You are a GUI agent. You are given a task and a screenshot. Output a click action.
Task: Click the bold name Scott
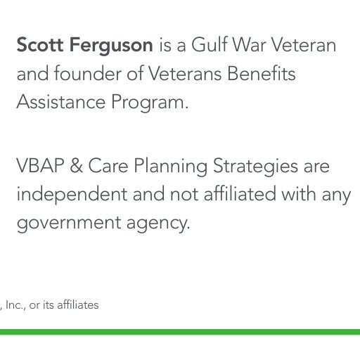[40, 44]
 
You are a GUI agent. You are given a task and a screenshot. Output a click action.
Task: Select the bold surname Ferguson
[111, 46]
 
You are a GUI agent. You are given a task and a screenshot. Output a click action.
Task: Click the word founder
[88, 73]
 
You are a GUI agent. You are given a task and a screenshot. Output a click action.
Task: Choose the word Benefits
[262, 73]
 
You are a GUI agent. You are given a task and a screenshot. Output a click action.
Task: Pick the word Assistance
[61, 102]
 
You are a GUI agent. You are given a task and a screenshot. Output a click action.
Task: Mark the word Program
[150, 103]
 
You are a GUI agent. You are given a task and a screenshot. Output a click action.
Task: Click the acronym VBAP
[40, 165]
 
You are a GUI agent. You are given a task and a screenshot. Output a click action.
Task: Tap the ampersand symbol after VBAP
[77, 165]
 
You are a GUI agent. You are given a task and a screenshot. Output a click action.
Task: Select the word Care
[108, 165]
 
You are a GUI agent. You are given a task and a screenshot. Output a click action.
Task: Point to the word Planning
[170, 167]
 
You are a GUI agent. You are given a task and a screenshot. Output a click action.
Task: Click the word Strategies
[255, 167]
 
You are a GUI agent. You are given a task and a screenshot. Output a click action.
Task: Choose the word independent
[72, 195]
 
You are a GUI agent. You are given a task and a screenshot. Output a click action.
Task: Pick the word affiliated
[240, 193]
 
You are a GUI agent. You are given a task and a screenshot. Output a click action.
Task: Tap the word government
[69, 223]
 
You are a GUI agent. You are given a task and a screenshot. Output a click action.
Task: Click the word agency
[158, 224]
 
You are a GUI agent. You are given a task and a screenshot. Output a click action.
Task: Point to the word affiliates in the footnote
[78, 304]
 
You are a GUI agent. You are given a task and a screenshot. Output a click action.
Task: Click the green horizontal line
[180, 332]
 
